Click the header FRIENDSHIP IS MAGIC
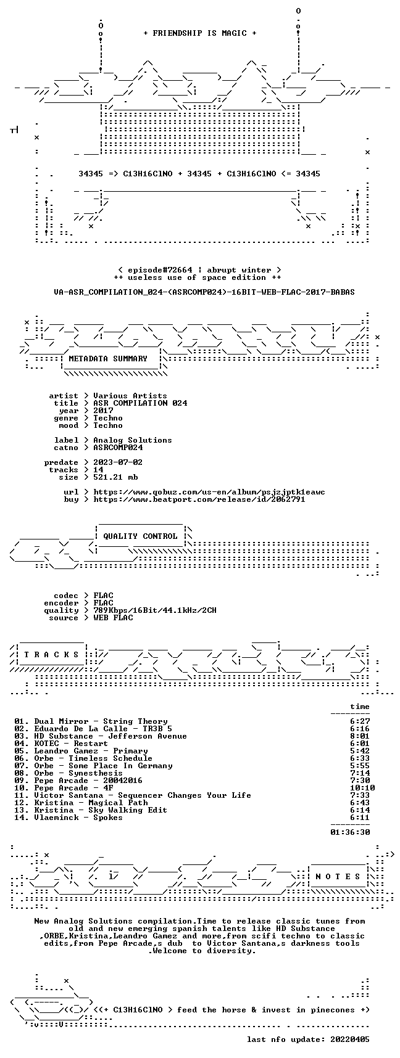[x=199, y=33]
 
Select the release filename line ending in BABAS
[x=204, y=292]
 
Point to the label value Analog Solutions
[x=133, y=440]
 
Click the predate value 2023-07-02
[x=118, y=462]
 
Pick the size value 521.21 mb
[x=115, y=477]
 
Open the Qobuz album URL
[x=209, y=492]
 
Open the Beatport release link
[x=199, y=499]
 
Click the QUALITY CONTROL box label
[x=140, y=536]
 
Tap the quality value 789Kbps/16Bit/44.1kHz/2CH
[x=155, y=610]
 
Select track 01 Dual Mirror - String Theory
[x=91, y=721]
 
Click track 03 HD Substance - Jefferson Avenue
[x=101, y=736]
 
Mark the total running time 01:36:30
[x=350, y=832]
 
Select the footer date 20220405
[x=350, y=1040]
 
